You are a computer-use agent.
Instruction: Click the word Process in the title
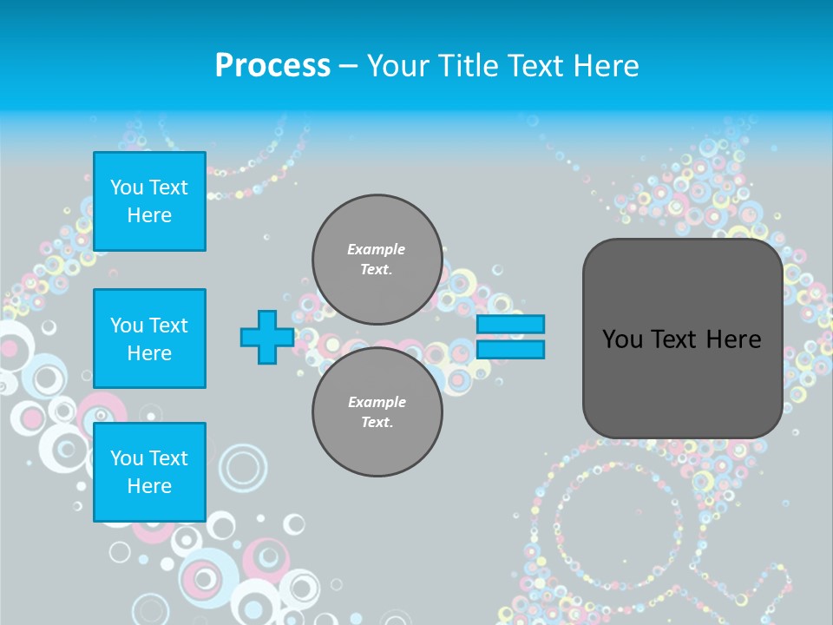(272, 66)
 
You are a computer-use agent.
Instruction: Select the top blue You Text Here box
(149, 201)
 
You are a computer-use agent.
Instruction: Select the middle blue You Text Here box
(149, 339)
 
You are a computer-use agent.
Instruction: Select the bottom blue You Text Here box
(149, 472)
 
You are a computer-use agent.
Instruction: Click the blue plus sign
(266, 337)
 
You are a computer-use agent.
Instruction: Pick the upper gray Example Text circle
(377, 259)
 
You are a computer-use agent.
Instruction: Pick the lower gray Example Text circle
(377, 411)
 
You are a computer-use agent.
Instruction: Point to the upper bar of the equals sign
(510, 324)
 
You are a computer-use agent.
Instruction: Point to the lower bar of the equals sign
(510, 350)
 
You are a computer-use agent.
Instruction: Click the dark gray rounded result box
(682, 382)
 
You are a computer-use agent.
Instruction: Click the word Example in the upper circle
(377, 249)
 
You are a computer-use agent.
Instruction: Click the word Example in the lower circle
(377, 402)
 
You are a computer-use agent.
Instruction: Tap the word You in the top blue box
(127, 187)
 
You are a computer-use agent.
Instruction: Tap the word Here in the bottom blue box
(149, 486)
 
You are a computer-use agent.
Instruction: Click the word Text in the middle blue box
(167, 326)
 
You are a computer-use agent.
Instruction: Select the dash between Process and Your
(348, 66)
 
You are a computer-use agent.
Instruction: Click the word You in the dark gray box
(621, 339)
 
